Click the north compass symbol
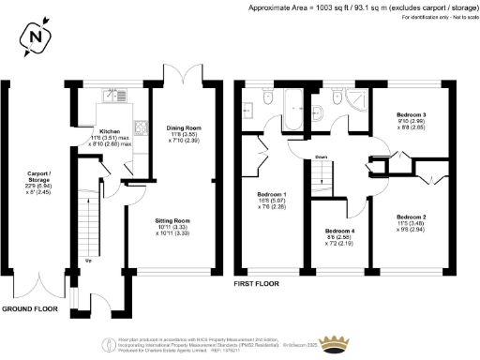click(36, 38)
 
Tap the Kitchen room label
click(111, 131)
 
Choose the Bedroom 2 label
click(412, 217)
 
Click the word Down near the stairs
click(321, 157)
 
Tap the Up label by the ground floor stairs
click(88, 261)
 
